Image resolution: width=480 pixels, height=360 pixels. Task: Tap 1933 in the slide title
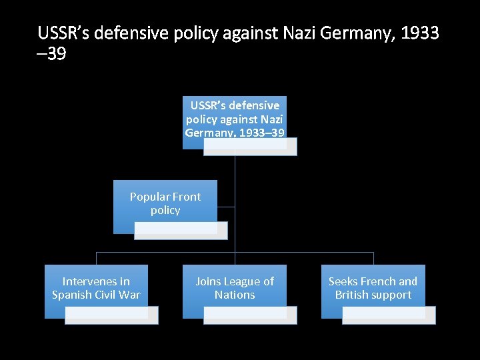pos(421,33)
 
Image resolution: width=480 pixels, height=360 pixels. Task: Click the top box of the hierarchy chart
pos(235,118)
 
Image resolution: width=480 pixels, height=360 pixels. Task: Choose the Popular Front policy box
pos(165,203)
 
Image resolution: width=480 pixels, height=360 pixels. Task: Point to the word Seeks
pos(343,281)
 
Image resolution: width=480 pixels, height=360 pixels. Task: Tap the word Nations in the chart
pos(235,295)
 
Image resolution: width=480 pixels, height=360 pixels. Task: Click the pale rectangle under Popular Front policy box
pos(181,231)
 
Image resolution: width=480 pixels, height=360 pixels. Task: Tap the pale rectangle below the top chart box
pos(250,147)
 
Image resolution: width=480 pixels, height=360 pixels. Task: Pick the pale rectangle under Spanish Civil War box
pos(111,315)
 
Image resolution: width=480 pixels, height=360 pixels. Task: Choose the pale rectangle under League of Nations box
pos(250,315)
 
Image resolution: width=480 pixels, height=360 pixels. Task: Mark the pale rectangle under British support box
pos(389,315)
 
